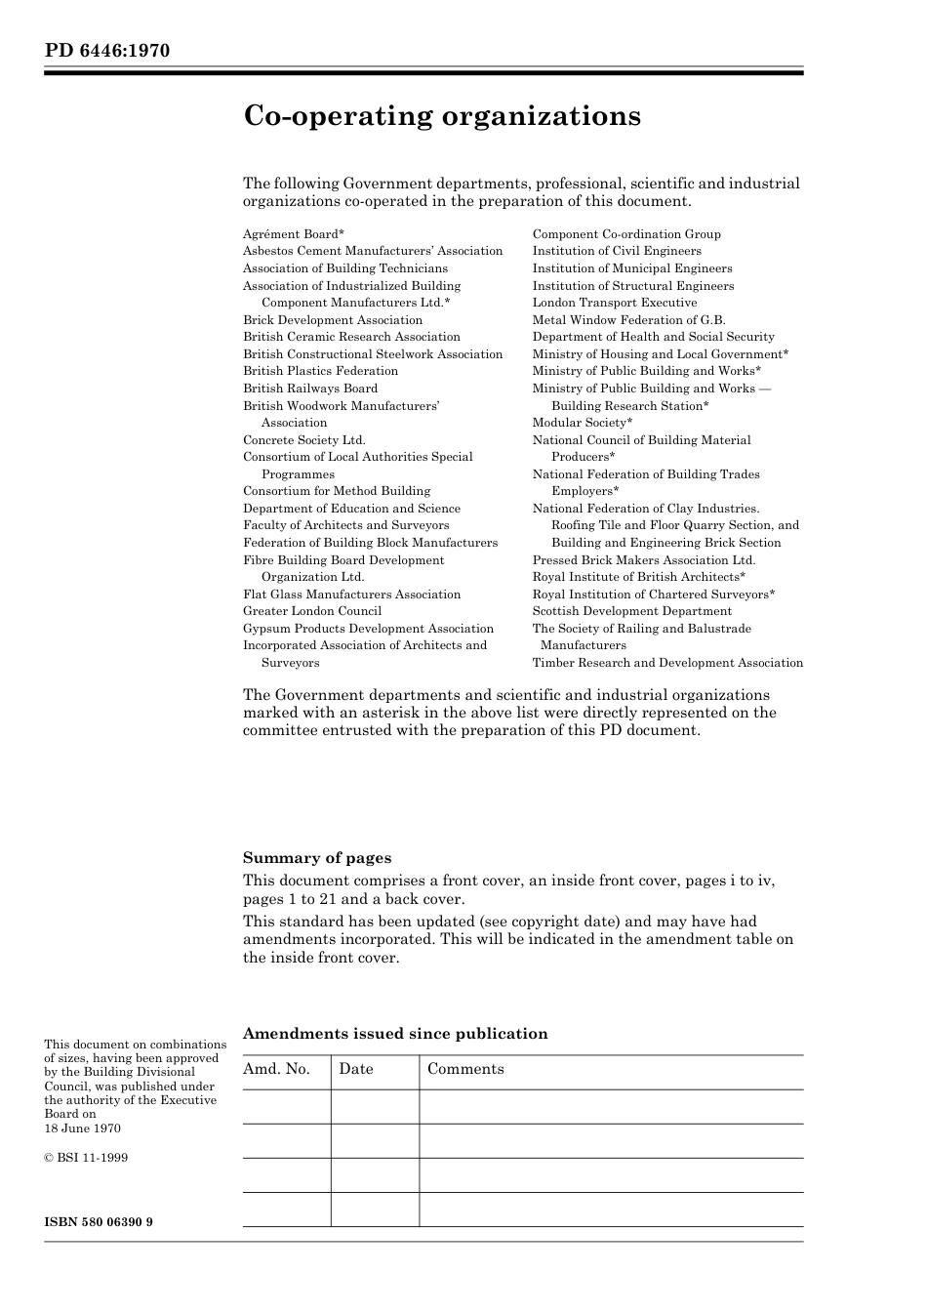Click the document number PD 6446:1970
tap(106, 50)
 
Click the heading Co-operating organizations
tap(441, 116)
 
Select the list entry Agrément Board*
tap(293, 234)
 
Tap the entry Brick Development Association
tap(332, 320)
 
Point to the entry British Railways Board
tap(309, 389)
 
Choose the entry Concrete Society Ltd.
tap(303, 440)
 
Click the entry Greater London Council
tap(311, 611)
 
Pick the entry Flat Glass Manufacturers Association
tap(351, 595)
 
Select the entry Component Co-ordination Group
tap(625, 234)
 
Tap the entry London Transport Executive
tap(614, 303)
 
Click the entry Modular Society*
tap(582, 423)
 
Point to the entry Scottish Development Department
tap(631, 611)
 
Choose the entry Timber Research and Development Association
tap(667, 663)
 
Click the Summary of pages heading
tap(316, 858)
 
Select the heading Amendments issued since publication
tap(394, 1034)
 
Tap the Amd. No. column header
tap(276, 1069)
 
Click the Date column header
tap(356, 1069)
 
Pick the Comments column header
tap(465, 1069)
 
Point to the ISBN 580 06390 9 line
tap(99, 1222)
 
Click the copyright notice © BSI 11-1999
tap(86, 1158)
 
